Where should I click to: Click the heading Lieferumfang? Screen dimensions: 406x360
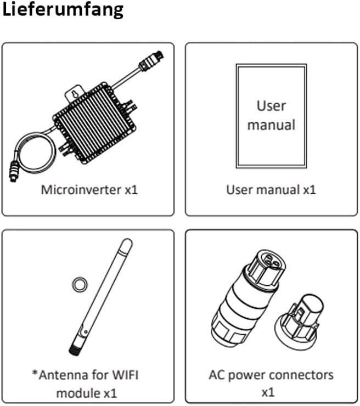point(63,10)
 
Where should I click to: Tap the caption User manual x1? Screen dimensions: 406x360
point(271,190)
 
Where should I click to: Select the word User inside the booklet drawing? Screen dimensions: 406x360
point(271,105)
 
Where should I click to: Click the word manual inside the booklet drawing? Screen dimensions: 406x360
point(271,125)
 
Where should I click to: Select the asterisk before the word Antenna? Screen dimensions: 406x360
point(34,375)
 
